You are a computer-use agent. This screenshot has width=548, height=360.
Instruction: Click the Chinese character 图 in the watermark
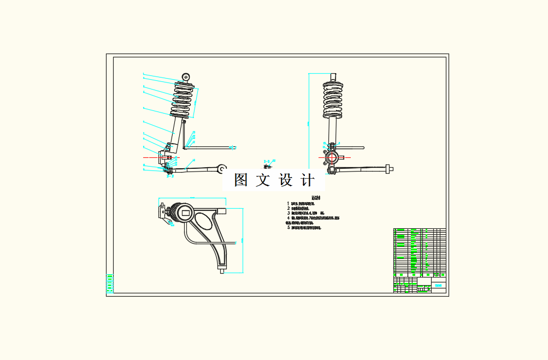pos(241,180)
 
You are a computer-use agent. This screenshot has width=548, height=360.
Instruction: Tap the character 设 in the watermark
pos(286,180)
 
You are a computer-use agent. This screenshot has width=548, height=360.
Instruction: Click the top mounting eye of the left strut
pos(186,77)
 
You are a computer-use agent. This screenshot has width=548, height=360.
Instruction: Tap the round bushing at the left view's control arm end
pos(222,168)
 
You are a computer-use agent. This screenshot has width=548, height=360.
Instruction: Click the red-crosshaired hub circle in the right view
pos(332,158)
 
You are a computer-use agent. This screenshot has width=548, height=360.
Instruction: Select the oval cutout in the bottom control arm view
pos(202,222)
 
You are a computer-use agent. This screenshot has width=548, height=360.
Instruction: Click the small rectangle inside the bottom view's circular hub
pos(185,213)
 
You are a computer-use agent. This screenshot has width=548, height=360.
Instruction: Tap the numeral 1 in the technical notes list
pos(288,203)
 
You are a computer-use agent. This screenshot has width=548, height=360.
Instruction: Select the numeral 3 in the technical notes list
pos(288,213)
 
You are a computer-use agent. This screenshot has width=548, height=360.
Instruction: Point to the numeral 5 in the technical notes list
pos(288,227)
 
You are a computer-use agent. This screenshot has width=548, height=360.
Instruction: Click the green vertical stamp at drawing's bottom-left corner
pos(109,282)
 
